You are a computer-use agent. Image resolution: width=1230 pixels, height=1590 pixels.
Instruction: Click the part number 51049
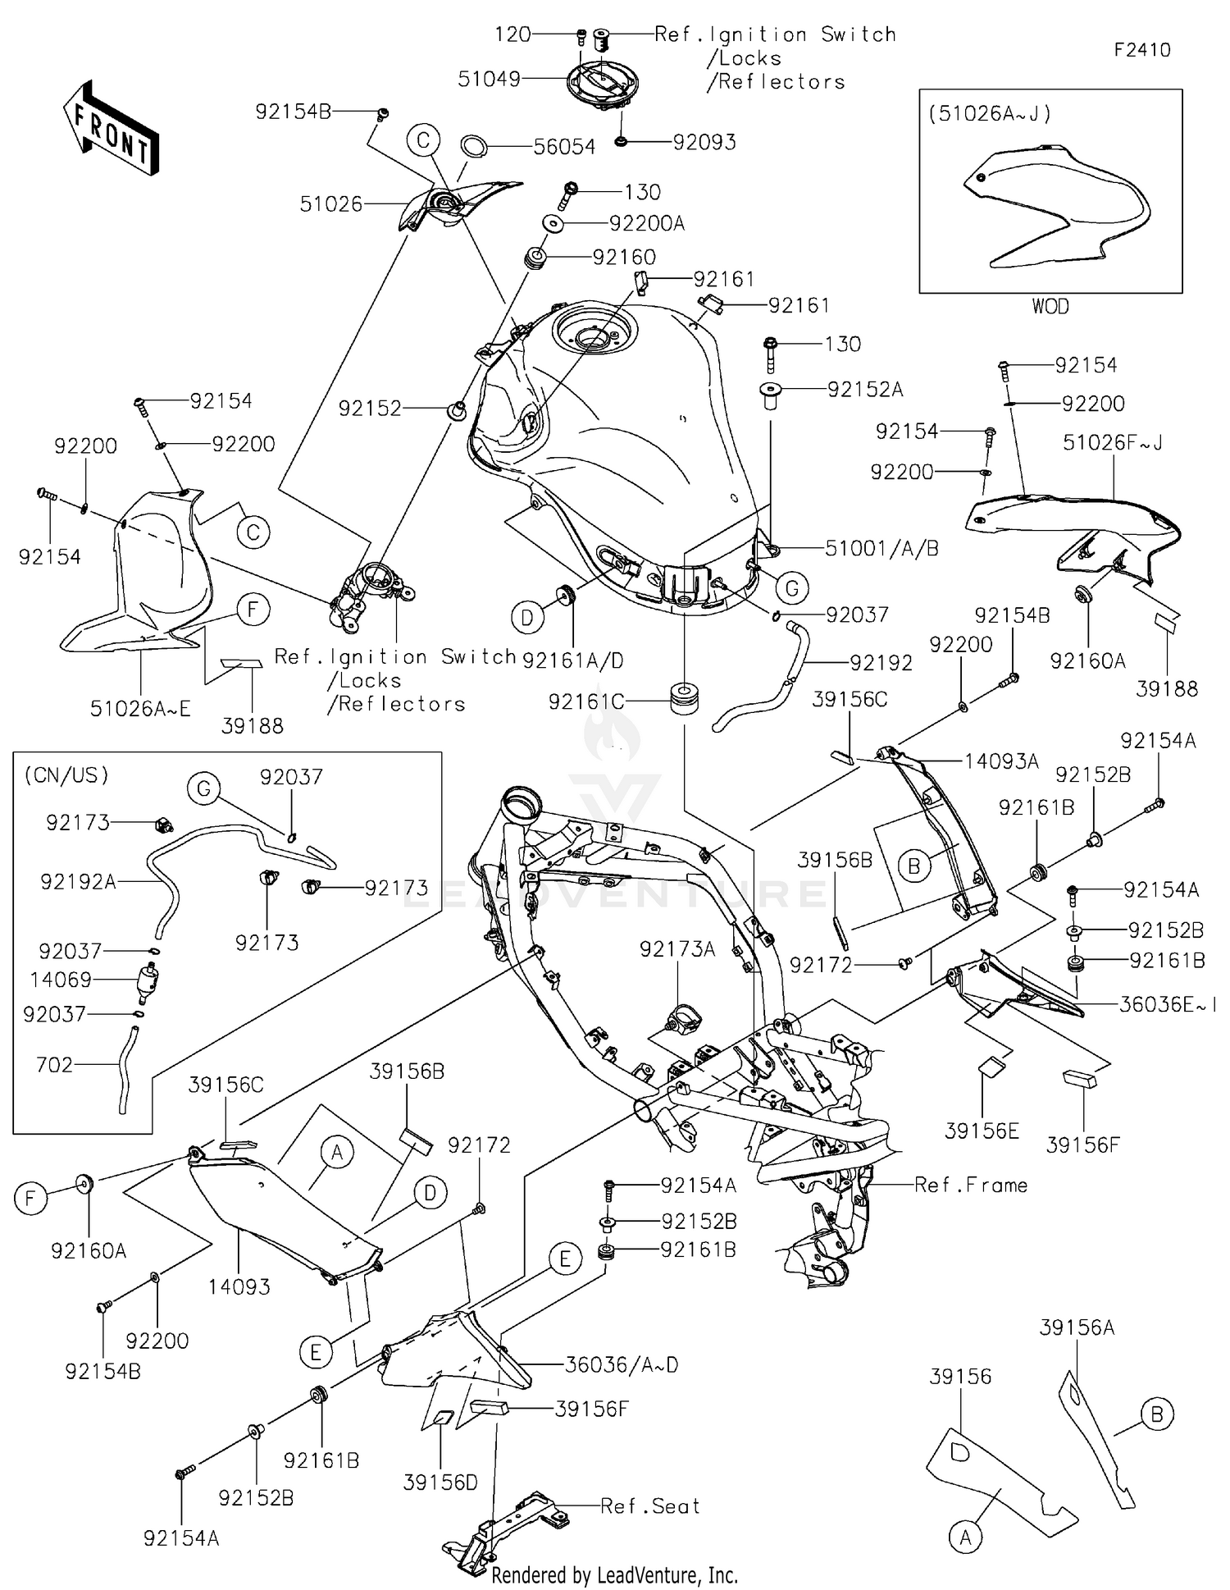[489, 80]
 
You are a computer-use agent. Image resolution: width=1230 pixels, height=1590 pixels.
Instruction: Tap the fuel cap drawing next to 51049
[603, 83]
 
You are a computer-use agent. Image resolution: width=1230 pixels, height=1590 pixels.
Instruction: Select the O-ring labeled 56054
[474, 146]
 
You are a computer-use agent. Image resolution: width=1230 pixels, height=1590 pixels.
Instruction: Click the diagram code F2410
[1141, 50]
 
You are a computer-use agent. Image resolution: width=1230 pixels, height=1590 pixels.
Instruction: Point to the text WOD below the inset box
[1050, 307]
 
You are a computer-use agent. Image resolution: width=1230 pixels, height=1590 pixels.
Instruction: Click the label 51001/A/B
[881, 549]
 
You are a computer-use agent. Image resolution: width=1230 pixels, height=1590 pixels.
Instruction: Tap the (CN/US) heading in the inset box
[66, 775]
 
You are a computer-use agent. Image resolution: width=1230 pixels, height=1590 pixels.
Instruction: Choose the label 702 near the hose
[54, 1065]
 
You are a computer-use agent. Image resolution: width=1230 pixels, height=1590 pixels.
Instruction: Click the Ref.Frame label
[971, 1185]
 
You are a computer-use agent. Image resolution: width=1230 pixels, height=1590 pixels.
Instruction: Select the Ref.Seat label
[650, 1506]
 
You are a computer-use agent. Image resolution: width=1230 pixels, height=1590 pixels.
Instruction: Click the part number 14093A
[1000, 761]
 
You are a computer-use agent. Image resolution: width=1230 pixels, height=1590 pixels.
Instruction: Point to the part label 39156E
[982, 1131]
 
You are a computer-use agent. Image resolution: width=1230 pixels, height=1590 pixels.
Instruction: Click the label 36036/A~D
[622, 1365]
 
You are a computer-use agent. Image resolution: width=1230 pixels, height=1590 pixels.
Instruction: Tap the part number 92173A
[677, 949]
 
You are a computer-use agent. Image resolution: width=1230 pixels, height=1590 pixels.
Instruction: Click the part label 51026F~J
[1113, 443]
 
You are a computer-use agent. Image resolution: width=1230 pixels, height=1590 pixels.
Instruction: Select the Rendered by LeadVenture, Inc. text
[614, 1575]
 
